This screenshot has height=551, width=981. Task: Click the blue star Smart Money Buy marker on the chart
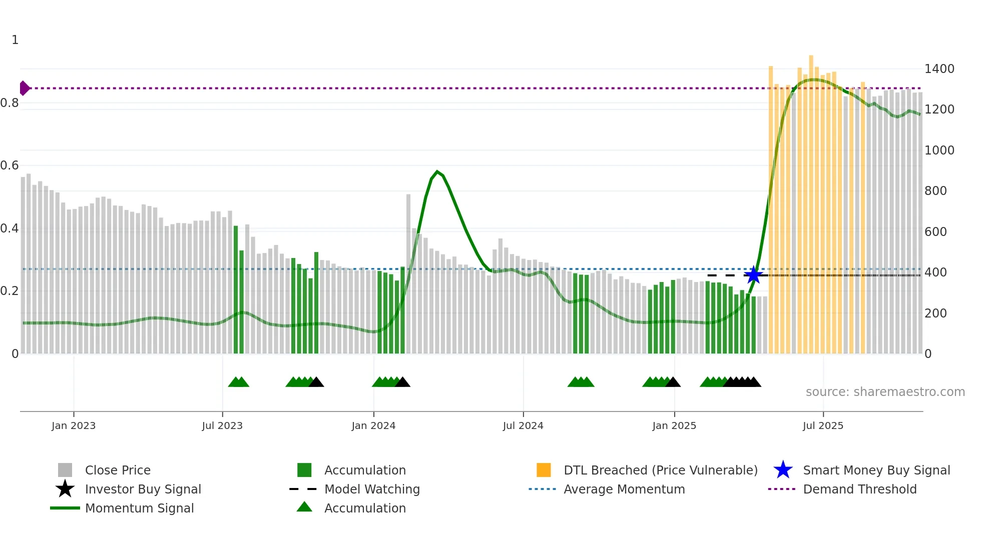point(753,275)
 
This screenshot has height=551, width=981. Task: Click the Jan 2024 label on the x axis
point(373,425)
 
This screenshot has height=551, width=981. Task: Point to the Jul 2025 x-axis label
point(823,425)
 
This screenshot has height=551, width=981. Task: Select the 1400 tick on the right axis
point(939,69)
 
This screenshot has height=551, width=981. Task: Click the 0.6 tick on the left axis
point(10,165)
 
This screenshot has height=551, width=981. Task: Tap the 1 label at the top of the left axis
point(15,40)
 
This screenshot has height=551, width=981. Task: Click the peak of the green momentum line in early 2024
point(437,172)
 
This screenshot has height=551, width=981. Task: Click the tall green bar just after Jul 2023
point(236,290)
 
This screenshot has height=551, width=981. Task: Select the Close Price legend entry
point(118,470)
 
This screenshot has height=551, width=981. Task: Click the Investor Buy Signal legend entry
point(143,489)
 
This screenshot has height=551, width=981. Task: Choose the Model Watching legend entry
point(372,489)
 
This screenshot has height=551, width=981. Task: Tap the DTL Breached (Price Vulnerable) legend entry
point(660,470)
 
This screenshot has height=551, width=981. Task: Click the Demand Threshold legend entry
point(859,489)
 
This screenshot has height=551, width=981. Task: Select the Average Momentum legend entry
point(624,489)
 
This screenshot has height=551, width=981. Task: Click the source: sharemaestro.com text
point(885,392)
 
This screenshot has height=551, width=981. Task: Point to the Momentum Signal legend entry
point(139,508)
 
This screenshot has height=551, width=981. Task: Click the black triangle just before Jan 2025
point(673,382)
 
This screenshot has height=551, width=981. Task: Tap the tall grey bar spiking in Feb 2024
point(408,274)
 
